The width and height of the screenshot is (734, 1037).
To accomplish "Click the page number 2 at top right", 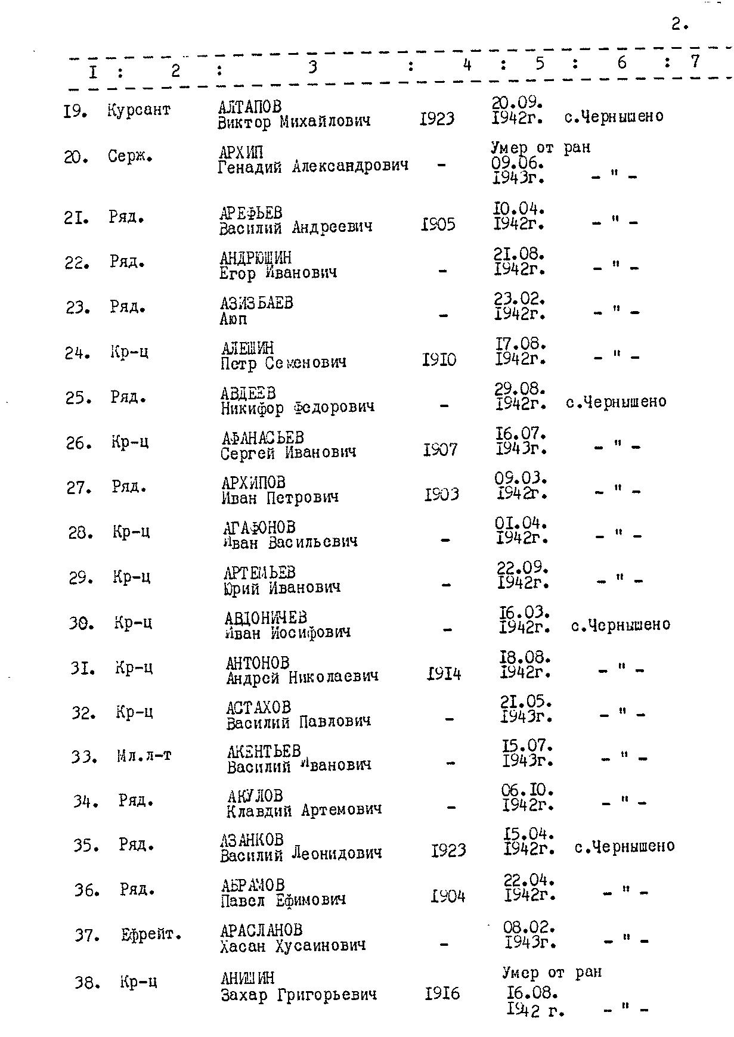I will click(x=679, y=24).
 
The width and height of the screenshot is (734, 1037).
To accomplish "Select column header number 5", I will click(x=539, y=64).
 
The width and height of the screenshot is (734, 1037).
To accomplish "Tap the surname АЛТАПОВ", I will click(x=249, y=107).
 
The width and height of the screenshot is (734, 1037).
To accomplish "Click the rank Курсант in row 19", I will click(x=139, y=110).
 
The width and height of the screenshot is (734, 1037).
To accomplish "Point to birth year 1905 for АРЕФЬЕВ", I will click(x=438, y=225).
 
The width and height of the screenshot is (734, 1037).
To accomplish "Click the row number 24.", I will click(x=78, y=353).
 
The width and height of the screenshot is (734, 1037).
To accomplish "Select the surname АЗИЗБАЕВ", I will click(x=256, y=303).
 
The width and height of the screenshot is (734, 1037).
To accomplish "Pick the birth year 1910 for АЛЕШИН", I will click(x=439, y=360).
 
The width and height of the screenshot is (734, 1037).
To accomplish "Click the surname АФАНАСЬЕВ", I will click(x=262, y=438).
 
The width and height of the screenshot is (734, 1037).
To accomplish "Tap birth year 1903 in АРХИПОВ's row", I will click(x=441, y=495).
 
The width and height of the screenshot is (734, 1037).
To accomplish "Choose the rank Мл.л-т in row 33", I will click(x=144, y=756).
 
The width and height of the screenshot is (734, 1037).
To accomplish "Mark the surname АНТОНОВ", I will click(x=258, y=663).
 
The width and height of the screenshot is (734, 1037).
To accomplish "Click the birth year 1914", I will click(x=444, y=674).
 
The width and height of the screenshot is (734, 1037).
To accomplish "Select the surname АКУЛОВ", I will click(x=255, y=796).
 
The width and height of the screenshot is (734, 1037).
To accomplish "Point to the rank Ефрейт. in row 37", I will click(x=151, y=934).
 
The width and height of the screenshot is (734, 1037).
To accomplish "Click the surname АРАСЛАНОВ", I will click(x=261, y=930).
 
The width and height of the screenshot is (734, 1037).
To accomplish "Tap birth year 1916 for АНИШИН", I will click(x=442, y=993).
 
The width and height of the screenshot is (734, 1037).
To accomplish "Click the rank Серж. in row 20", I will click(x=130, y=157).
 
